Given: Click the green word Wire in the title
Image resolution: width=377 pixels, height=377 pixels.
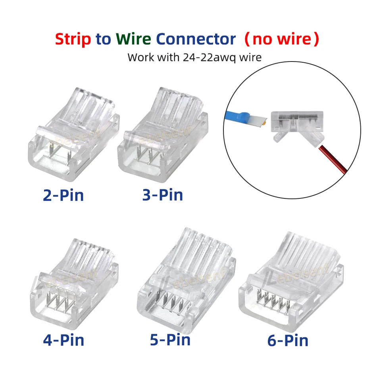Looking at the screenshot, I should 133,39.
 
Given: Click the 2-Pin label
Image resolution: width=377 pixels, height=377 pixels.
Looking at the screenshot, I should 63,195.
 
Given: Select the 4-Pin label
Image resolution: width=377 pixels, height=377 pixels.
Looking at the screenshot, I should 63,340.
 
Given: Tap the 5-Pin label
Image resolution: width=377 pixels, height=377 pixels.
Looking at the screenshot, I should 170,340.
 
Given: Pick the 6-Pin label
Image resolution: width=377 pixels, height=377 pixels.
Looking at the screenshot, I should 288,340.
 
